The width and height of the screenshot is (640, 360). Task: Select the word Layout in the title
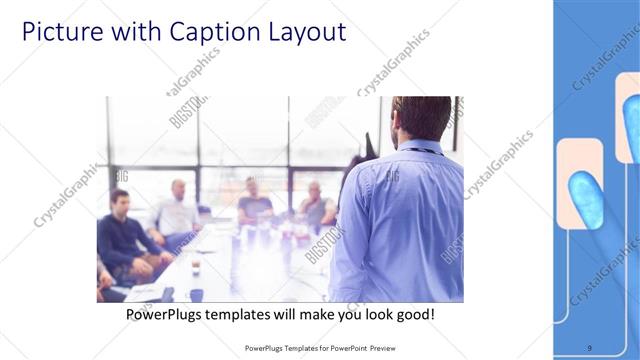tap(302, 32)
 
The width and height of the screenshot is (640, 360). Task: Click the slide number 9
tap(589, 347)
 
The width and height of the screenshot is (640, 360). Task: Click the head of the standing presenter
tap(420, 118)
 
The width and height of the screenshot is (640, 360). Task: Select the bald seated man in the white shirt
tap(176, 210)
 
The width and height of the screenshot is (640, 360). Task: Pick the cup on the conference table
tap(195, 268)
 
